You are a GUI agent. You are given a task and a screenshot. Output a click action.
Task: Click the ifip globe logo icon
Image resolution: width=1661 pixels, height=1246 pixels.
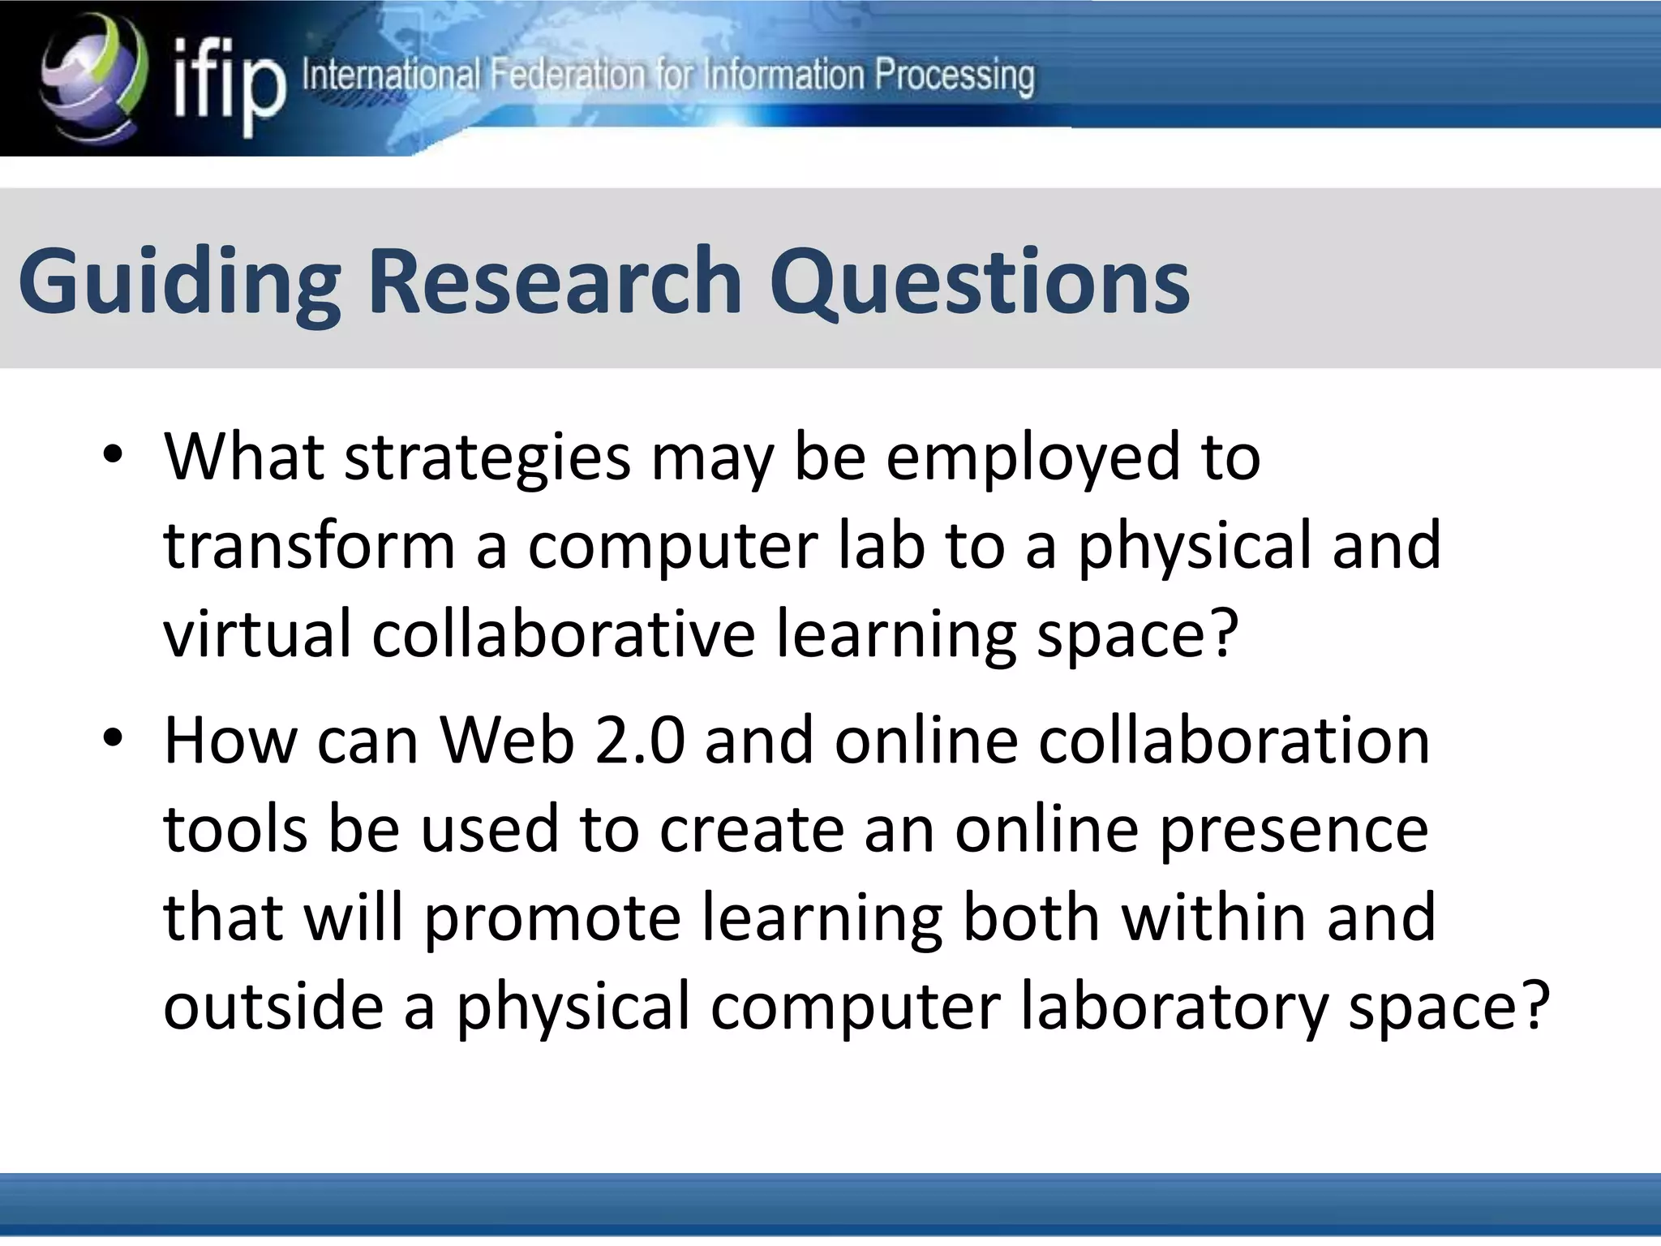93,77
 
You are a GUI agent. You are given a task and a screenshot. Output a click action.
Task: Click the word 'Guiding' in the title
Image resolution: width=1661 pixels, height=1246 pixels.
179,282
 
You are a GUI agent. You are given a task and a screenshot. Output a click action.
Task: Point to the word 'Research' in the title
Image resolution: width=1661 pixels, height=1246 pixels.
556,281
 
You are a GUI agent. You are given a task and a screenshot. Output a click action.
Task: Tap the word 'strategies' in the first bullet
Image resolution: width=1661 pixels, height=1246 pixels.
487,459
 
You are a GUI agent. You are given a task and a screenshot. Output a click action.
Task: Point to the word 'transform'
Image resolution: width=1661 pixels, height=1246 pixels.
309,545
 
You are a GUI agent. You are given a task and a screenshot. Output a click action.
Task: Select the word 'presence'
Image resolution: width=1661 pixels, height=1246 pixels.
1293,831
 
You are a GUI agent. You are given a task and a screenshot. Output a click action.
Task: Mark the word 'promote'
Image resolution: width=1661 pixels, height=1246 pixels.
552,917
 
